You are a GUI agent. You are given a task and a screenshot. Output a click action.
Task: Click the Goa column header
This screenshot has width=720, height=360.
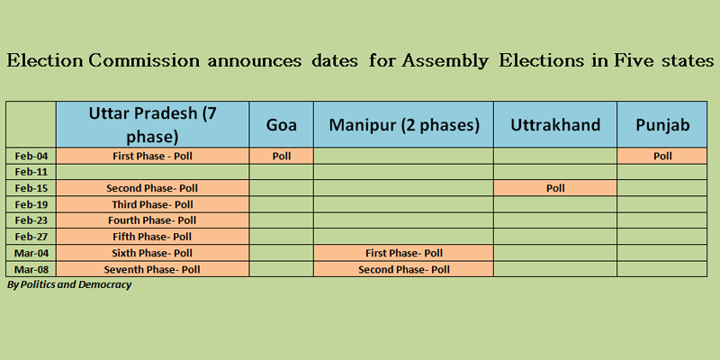282,125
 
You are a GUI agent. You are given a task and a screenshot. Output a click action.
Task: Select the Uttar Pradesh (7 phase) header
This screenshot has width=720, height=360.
152,125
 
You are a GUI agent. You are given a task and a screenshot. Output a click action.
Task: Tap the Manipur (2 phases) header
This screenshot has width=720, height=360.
403,125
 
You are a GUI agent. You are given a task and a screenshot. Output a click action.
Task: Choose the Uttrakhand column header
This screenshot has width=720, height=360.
555,125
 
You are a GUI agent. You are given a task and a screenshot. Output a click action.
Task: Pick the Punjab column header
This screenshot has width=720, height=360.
662,125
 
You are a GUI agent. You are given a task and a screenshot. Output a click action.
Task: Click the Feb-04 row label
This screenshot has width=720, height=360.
31,156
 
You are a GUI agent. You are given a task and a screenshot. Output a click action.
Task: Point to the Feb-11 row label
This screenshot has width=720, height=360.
31,172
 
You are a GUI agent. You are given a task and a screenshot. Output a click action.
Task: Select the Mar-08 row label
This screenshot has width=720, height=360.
31,269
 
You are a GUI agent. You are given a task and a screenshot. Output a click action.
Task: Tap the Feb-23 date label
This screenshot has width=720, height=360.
31,220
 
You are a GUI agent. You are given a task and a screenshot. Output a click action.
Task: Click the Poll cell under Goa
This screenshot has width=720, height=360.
282,156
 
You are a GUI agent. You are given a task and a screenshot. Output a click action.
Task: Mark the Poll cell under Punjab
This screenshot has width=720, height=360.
662,156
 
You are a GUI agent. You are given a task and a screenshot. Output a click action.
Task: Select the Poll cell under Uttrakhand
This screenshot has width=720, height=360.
555,188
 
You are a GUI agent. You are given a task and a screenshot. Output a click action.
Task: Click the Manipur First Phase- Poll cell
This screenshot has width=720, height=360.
403,254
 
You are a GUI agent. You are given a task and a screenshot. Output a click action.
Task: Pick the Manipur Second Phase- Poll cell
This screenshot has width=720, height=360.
403,269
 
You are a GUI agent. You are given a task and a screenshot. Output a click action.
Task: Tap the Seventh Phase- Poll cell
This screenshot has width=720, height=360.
152,269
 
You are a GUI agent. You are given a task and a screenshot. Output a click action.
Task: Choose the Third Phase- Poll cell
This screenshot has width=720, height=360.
152,205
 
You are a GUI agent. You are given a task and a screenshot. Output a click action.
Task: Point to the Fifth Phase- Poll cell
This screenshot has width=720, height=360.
152,238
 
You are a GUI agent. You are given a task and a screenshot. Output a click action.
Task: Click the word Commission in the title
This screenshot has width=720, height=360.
144,61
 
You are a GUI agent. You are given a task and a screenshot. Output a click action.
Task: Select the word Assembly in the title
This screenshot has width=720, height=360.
445,62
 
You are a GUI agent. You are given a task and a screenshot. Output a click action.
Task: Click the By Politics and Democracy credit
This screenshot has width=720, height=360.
69,284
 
